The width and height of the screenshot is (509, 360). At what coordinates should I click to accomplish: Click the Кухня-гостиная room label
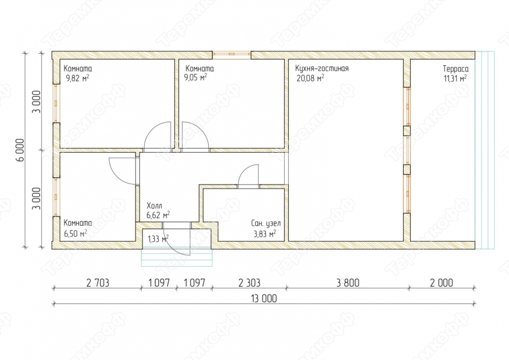321,69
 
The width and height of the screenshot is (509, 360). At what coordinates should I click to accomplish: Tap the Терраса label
455,69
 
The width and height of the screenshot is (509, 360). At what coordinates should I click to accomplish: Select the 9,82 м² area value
78,78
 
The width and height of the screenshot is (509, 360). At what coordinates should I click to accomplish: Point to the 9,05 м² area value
196,78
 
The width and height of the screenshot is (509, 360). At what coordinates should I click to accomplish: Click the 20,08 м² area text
310,78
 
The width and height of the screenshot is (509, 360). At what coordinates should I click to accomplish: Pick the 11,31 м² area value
455,78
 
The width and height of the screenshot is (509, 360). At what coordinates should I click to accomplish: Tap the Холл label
154,206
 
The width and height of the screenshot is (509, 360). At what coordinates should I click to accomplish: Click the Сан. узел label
265,223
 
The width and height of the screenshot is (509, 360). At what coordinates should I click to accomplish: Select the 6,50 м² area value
75,233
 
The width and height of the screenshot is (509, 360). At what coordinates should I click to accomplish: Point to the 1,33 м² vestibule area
158,239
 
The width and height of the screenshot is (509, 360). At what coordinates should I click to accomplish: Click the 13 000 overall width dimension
264,298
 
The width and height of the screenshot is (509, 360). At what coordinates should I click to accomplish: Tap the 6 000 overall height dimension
20,150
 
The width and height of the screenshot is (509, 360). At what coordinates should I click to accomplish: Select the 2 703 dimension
98,283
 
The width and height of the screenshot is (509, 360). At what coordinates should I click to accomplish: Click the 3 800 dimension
348,283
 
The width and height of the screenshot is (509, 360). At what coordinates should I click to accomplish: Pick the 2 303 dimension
249,283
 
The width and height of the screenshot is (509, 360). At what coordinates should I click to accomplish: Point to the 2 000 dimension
441,283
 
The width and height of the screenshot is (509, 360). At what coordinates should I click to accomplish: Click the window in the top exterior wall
232,55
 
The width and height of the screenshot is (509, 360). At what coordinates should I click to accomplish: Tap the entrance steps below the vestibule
177,258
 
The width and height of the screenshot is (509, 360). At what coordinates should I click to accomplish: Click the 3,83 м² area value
265,234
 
